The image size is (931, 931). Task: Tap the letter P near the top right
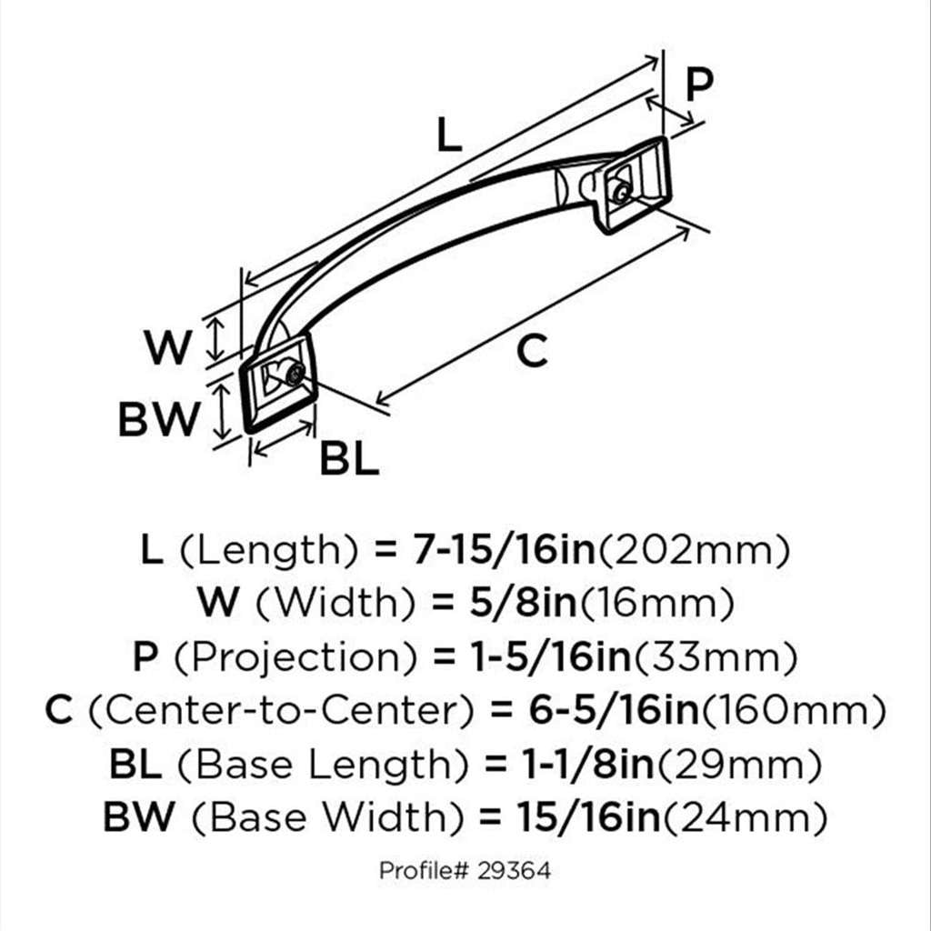699,85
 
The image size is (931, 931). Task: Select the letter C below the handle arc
532,351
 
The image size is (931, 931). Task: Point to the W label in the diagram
168,347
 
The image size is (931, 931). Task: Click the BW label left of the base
159,419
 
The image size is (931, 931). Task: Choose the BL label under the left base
349,458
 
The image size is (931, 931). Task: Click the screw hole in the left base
294,374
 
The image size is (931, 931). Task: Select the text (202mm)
694,551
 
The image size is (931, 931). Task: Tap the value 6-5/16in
614,711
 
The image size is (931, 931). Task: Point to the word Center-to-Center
282,711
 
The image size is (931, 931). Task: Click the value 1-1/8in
588,764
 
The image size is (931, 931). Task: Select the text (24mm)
744,817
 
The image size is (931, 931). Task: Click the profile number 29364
513,871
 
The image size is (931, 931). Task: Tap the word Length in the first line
269,551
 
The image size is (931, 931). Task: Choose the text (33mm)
715,657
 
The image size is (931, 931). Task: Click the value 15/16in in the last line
588,817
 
